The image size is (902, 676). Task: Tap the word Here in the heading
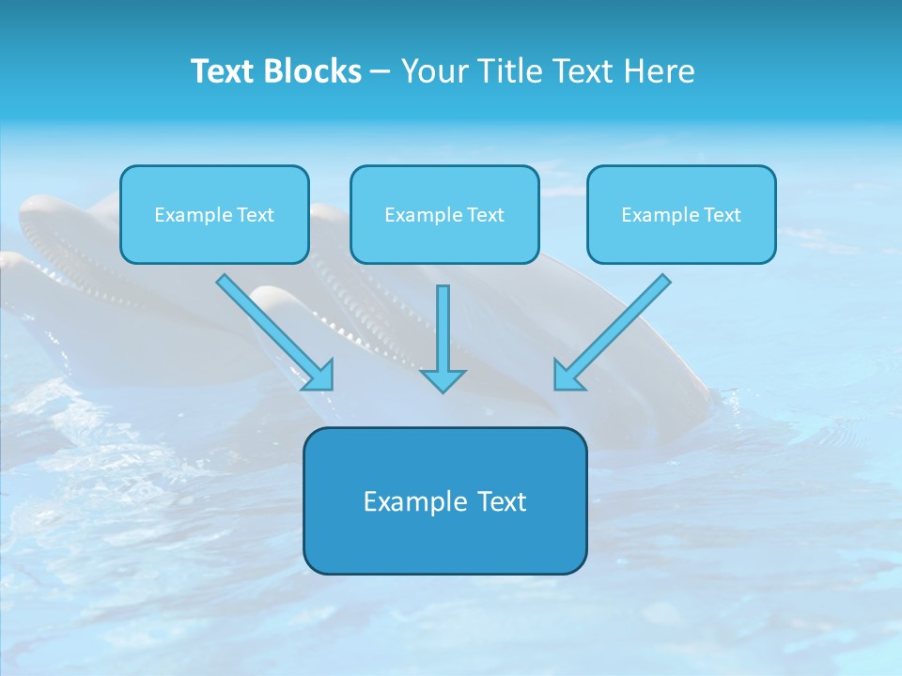coord(658,71)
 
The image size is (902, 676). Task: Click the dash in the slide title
coord(381,71)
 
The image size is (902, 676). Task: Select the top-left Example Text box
coord(214,214)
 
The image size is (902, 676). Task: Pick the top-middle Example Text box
coord(444,214)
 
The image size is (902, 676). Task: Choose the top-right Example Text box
coord(681,214)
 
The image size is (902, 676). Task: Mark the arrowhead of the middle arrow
coord(443,379)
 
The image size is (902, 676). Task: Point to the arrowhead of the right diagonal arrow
coord(568,376)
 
